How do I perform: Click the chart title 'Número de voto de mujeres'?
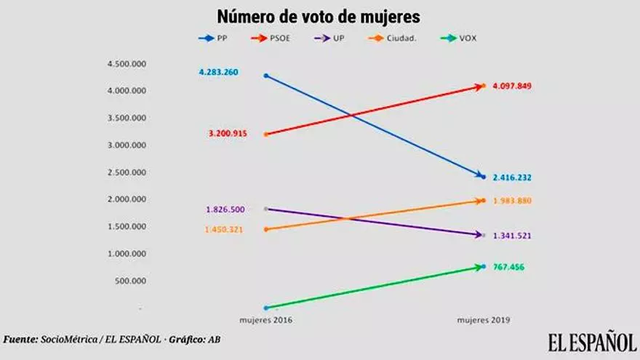[318, 16]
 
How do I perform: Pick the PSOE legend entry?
[276, 38]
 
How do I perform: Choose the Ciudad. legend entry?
[398, 38]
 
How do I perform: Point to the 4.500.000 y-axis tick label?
[127, 64]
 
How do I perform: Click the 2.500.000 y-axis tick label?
[127, 172]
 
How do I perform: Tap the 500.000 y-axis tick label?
[131, 281]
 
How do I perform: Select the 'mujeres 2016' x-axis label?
[266, 319]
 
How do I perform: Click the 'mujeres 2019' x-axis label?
[483, 319]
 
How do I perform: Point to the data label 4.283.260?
[218, 72]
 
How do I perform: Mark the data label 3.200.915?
[228, 134]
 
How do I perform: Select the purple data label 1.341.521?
[512, 236]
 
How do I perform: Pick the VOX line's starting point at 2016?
[266, 308]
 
